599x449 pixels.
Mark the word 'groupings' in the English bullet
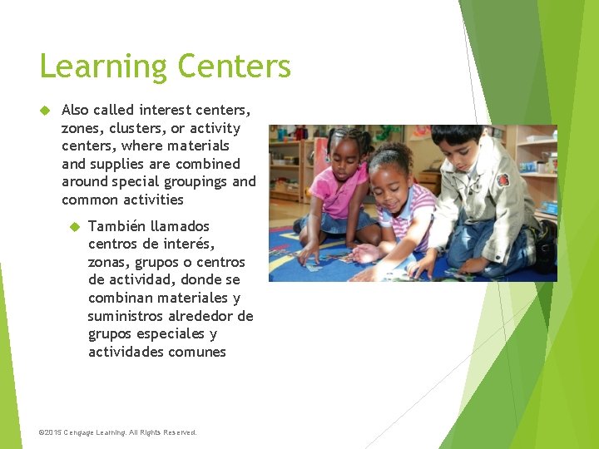192,182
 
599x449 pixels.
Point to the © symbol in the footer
42,432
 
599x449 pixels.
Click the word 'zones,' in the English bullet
81,128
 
